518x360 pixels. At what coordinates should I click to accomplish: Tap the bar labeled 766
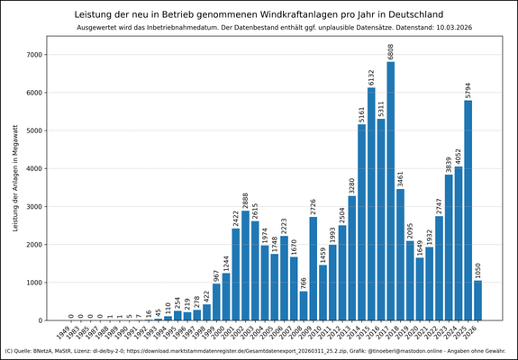(304, 305)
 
